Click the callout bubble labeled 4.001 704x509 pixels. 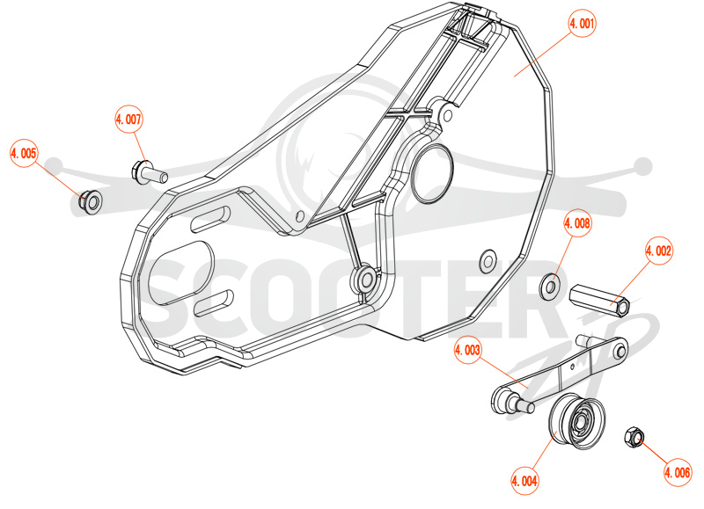(582, 23)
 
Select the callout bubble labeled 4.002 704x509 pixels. (658, 251)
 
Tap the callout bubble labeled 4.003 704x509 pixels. (467, 350)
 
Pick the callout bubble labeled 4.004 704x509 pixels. (524, 481)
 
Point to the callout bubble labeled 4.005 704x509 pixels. (24, 153)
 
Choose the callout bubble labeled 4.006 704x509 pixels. (678, 472)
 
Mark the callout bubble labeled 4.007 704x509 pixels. (128, 120)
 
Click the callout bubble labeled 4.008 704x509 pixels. (577, 223)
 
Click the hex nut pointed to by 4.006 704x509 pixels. (634, 437)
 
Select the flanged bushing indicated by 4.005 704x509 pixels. (91, 202)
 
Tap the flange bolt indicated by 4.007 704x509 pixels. (149, 171)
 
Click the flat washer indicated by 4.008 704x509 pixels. (550, 286)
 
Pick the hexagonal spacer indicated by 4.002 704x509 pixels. (599, 299)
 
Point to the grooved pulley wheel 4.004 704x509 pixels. (577, 421)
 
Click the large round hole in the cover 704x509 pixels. (432, 173)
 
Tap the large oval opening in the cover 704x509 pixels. (181, 273)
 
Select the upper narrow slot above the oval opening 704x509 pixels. (210, 219)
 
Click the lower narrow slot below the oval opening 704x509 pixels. (214, 302)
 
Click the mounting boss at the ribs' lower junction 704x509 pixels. (364, 279)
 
